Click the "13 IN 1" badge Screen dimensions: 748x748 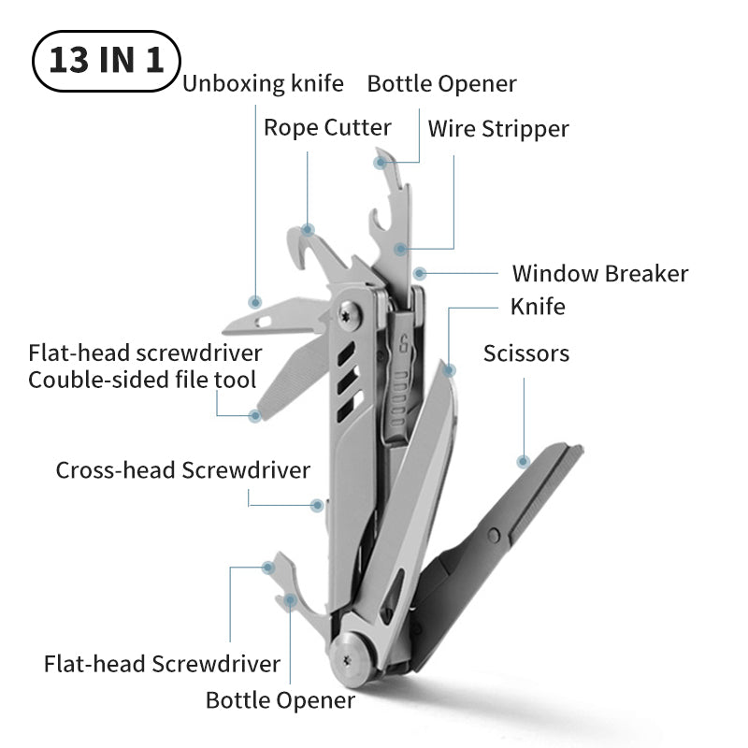106,62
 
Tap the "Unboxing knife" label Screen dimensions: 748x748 263,84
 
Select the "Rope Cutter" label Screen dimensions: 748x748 327,127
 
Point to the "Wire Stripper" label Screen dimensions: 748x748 498,128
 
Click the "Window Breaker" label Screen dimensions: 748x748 599,274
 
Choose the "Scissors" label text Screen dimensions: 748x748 525,353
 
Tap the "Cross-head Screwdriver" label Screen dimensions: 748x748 182,469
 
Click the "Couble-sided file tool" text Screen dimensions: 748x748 142,380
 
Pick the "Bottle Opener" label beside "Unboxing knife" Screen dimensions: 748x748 441,84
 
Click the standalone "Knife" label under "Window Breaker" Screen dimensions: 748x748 538,307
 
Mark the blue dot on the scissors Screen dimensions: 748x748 523,460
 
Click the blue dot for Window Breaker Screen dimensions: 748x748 420,274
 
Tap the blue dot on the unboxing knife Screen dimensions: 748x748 254,302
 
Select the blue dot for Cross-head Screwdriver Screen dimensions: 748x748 317,505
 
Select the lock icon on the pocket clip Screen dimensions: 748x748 404,342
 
